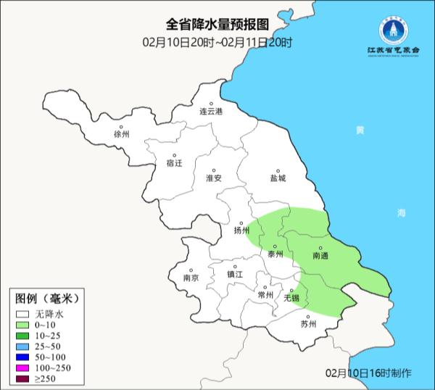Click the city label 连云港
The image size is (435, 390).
click(212, 112)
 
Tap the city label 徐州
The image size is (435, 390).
click(121, 135)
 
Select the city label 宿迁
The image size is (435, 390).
click(175, 163)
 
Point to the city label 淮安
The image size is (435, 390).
click(213, 178)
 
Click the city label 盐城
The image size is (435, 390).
click(278, 178)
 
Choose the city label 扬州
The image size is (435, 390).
click(241, 231)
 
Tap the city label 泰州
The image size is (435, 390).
click(275, 254)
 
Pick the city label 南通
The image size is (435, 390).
click(320, 256)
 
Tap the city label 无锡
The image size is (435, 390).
click(291, 297)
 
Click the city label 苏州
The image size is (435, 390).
click(309, 324)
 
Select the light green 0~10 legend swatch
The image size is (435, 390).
click(25, 325)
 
